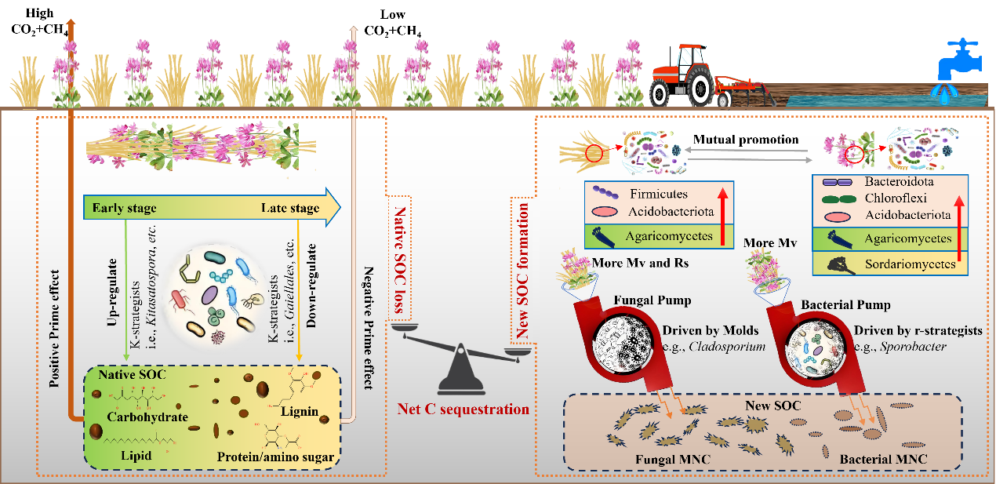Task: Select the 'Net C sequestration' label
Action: tap(462, 409)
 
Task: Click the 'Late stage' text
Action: tap(290, 208)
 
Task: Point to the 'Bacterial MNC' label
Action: tap(883, 458)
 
